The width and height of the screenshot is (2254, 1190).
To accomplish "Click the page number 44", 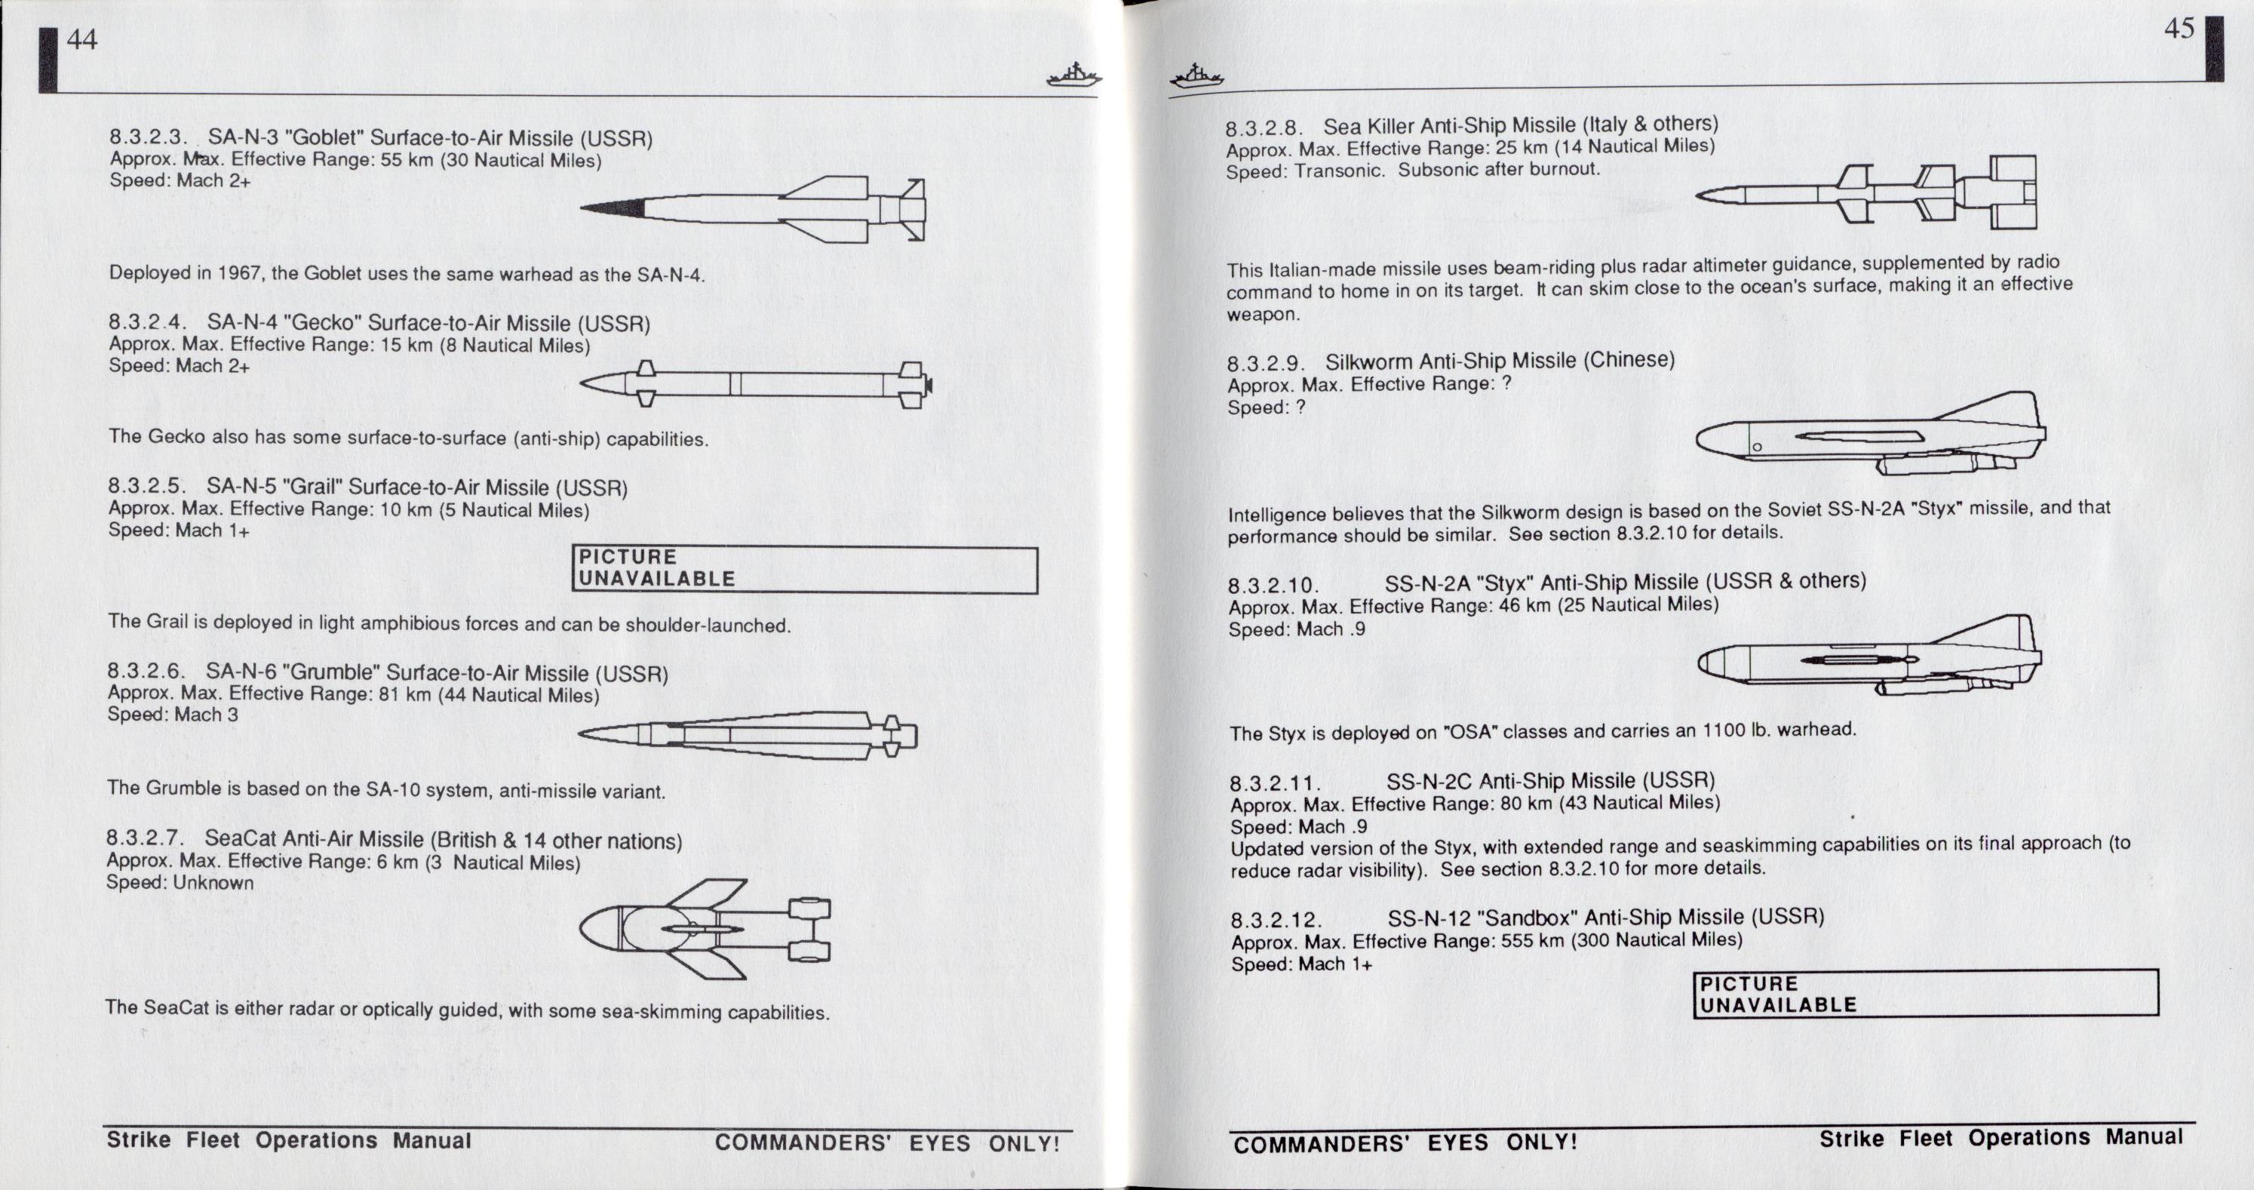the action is (x=81, y=39).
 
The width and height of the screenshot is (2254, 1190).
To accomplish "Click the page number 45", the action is (x=2179, y=29).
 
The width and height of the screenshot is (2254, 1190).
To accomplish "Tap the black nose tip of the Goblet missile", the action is (x=613, y=208).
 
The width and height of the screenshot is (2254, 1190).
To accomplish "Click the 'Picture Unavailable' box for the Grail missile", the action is (x=805, y=569).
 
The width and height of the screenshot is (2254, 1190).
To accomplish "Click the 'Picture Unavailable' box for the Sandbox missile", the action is (x=1926, y=994).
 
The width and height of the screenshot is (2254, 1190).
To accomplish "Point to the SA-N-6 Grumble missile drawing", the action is (x=748, y=735).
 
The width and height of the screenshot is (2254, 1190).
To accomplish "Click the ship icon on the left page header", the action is (x=1073, y=76).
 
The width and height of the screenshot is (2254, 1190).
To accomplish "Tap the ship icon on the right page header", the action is (x=1197, y=76).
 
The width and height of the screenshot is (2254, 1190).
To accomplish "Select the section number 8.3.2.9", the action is (x=1266, y=364).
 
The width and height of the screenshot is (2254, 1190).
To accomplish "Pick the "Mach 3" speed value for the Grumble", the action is (x=206, y=715).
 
